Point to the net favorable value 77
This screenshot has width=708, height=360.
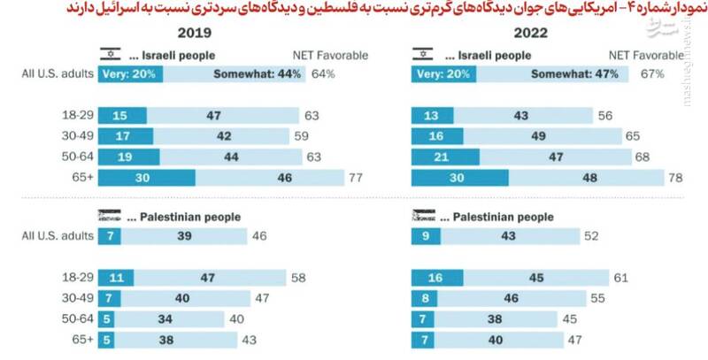pyautogui.click(x=356, y=178)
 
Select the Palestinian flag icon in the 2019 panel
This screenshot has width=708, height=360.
pyautogui.click(x=107, y=217)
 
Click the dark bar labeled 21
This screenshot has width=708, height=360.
pyautogui.click(x=444, y=157)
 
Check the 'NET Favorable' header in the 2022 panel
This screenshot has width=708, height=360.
pyautogui.click(x=647, y=54)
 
